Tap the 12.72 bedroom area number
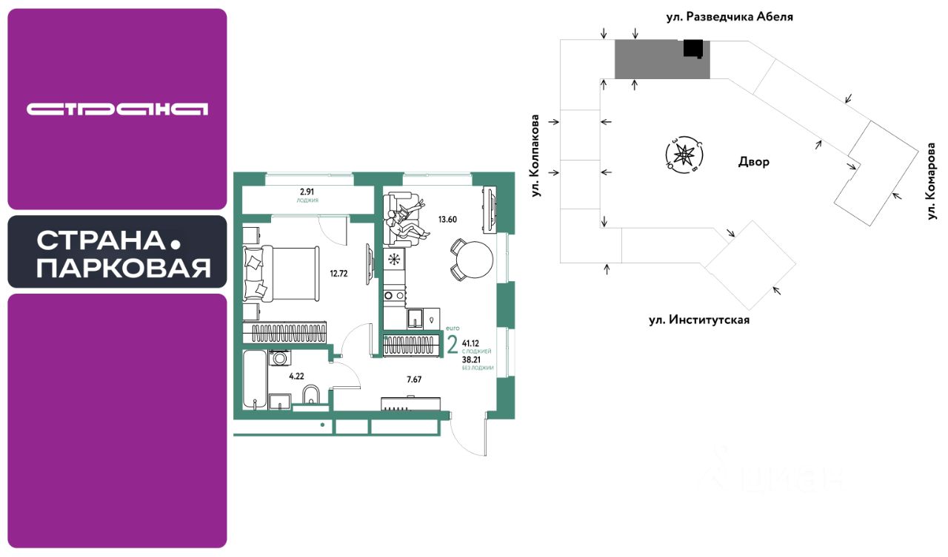[338, 272]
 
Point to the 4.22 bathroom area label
[296, 376]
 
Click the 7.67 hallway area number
[414, 379]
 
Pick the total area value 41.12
[470, 343]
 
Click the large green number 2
[452, 345]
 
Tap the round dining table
[472, 259]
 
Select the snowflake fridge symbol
[394, 259]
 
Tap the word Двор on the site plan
[754, 162]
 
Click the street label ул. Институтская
[699, 320]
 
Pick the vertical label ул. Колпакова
[534, 155]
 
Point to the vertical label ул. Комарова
[931, 182]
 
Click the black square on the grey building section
[693, 48]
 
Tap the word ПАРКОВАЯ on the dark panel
[123, 268]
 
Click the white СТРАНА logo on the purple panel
[117, 109]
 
